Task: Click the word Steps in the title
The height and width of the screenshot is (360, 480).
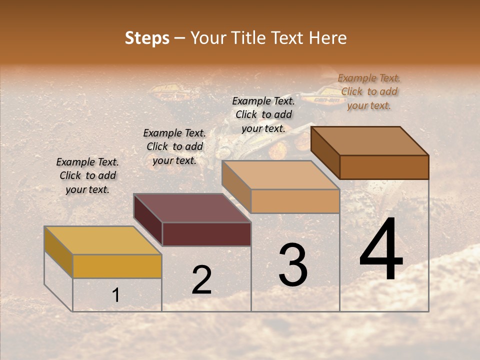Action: [x=147, y=38]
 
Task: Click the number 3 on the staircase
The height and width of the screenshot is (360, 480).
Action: [x=293, y=265]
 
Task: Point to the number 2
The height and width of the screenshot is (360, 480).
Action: [x=202, y=280]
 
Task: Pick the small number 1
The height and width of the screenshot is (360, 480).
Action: [x=116, y=295]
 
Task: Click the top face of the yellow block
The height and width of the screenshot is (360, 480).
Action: [x=102, y=240]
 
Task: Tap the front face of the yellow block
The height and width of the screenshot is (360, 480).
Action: [x=117, y=266]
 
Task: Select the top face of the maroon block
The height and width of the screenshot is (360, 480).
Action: [x=192, y=208]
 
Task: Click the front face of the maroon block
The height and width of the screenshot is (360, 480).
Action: [x=206, y=234]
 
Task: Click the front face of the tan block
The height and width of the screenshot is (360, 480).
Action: [x=295, y=201]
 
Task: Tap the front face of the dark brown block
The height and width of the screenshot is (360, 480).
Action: [x=384, y=167]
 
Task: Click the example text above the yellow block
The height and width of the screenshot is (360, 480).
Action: [x=87, y=175]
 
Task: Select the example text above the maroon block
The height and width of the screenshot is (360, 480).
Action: [x=174, y=146]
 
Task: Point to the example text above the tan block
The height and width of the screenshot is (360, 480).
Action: [x=263, y=114]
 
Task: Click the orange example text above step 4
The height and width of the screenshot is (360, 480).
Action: [x=369, y=91]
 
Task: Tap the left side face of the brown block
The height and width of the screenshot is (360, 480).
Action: [x=325, y=153]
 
